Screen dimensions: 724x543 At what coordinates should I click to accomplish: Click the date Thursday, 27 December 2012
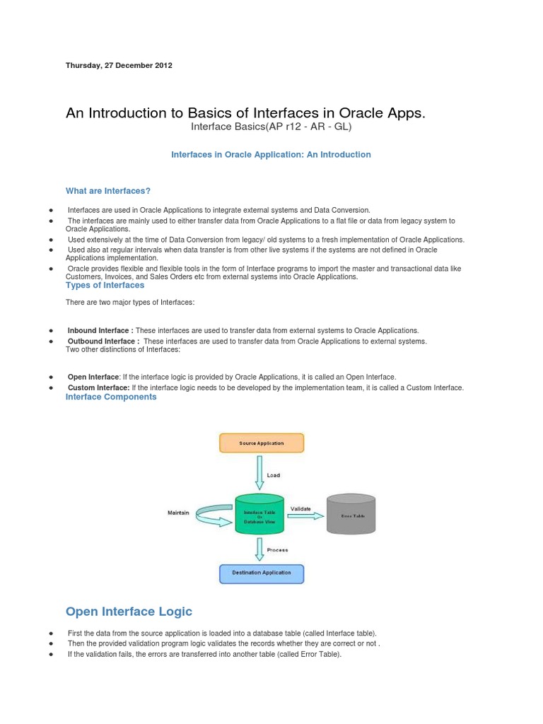pos(119,65)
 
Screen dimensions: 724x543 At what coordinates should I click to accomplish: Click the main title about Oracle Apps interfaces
pos(245,113)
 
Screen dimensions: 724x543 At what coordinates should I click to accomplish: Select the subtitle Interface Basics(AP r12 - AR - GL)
pos(271,127)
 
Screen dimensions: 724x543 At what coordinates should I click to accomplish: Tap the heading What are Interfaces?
pos(108,191)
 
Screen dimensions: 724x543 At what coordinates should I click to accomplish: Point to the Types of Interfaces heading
pos(105,285)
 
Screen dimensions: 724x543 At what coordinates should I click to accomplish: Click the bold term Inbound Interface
pos(100,330)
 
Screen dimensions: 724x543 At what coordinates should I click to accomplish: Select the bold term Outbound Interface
pos(103,341)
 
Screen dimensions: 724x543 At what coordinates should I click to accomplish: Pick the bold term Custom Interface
pos(98,387)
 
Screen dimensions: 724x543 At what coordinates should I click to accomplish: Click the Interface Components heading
pos(111,397)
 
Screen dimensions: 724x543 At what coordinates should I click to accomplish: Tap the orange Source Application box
pos(262,443)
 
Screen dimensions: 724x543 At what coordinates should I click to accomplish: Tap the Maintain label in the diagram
pos(178,513)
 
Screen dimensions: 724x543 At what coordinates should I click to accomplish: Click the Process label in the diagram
pos(278,549)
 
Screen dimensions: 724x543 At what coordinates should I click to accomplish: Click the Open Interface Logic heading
pos(129,611)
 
